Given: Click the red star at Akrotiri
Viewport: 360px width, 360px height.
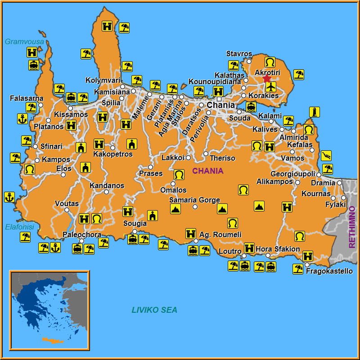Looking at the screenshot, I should point(267,79).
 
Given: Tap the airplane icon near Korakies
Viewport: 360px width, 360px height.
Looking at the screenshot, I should point(270,86).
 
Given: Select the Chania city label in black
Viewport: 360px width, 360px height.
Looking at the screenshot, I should point(220,105).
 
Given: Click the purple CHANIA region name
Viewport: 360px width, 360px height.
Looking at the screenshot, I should point(208,171).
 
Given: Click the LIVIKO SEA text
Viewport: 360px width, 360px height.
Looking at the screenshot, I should point(154,310).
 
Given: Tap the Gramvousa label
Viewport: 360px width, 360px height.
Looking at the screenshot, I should point(24,42).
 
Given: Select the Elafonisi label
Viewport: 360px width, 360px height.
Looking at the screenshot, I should point(20,227).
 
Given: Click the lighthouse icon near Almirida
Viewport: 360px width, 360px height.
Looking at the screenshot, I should point(315,112).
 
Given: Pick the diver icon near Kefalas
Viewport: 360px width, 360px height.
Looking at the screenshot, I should point(326,156).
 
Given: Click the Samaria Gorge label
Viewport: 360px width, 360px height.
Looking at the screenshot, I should point(194,200).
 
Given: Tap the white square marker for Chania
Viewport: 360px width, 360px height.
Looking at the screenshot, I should point(219,99).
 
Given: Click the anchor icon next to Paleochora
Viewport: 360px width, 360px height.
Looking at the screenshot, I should point(55,247).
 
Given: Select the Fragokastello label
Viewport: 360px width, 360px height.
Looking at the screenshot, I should point(329,271).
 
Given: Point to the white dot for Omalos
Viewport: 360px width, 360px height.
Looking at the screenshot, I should point(173,184).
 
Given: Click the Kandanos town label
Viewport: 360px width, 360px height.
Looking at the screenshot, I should point(107,185).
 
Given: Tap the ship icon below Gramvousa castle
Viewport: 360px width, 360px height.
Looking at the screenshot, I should point(33,65).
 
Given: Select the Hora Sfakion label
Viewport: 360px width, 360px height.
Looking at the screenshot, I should point(278,249).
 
